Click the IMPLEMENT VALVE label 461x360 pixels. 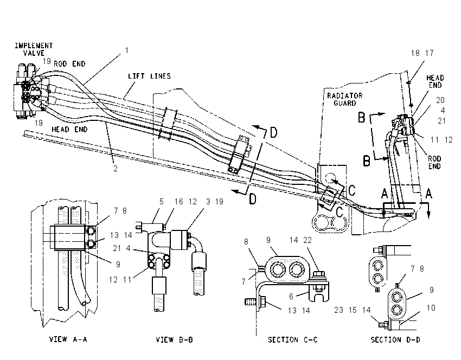[x=34, y=49]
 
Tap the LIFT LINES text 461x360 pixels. [x=149, y=76]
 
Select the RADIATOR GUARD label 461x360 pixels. [x=345, y=99]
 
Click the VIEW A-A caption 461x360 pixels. [x=68, y=339]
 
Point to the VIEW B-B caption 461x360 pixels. [x=174, y=340]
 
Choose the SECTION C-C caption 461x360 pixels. [x=293, y=340]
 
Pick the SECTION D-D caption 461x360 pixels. [x=395, y=340]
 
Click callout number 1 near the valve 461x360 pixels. [x=127, y=50]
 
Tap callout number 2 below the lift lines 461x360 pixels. [x=116, y=169]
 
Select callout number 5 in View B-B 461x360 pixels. [x=162, y=202]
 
